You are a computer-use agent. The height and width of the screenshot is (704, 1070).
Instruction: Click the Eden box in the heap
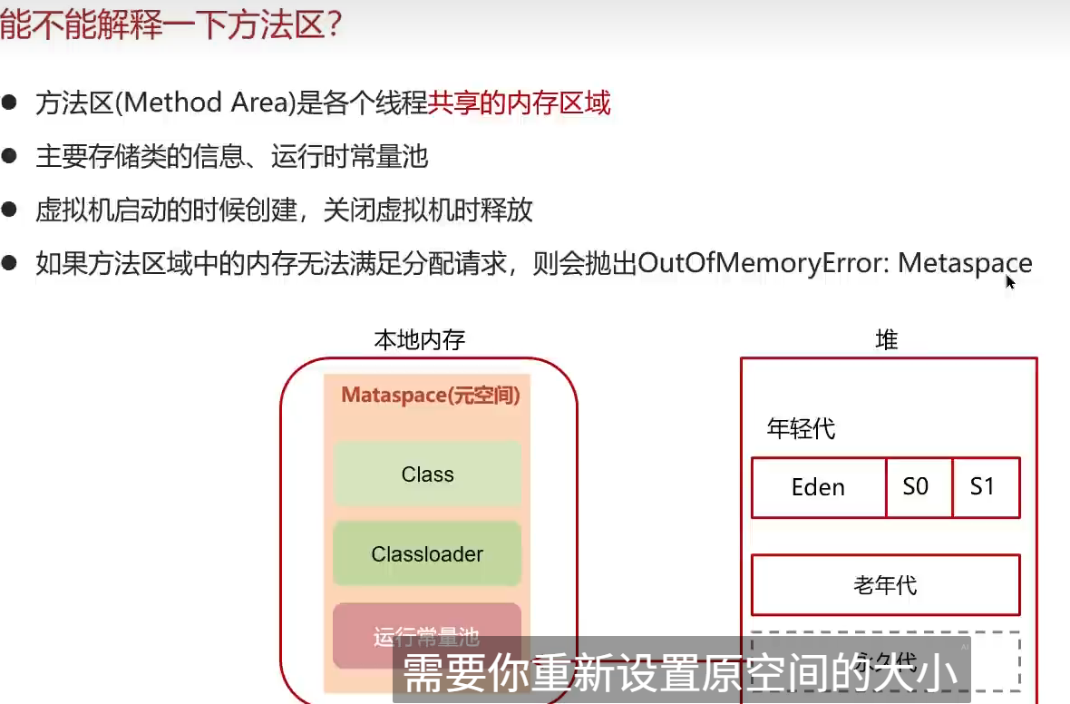tap(818, 487)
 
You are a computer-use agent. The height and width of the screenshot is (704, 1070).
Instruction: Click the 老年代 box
tap(885, 585)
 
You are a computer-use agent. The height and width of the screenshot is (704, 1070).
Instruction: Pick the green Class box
tap(427, 474)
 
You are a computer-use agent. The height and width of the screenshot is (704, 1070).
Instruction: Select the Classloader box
tap(427, 553)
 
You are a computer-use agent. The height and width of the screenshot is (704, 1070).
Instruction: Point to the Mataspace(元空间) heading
tap(430, 396)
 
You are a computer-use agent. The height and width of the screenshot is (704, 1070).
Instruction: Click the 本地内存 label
tap(420, 341)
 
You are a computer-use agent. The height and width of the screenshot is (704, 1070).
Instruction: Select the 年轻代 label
tap(801, 428)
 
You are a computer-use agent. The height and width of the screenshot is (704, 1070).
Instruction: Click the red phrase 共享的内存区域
tap(520, 103)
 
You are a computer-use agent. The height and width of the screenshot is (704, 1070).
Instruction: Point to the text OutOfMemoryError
tap(764, 264)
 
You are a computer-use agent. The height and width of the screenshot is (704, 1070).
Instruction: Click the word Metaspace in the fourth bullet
tap(965, 264)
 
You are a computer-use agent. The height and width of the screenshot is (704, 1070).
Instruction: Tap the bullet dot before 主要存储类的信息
tap(11, 157)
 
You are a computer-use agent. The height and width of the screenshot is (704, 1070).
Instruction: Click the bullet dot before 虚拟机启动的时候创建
tap(11, 210)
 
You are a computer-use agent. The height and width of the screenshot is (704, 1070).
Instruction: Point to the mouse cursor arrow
tap(1010, 281)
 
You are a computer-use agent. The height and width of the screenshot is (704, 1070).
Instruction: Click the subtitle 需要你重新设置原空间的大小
tap(680, 672)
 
